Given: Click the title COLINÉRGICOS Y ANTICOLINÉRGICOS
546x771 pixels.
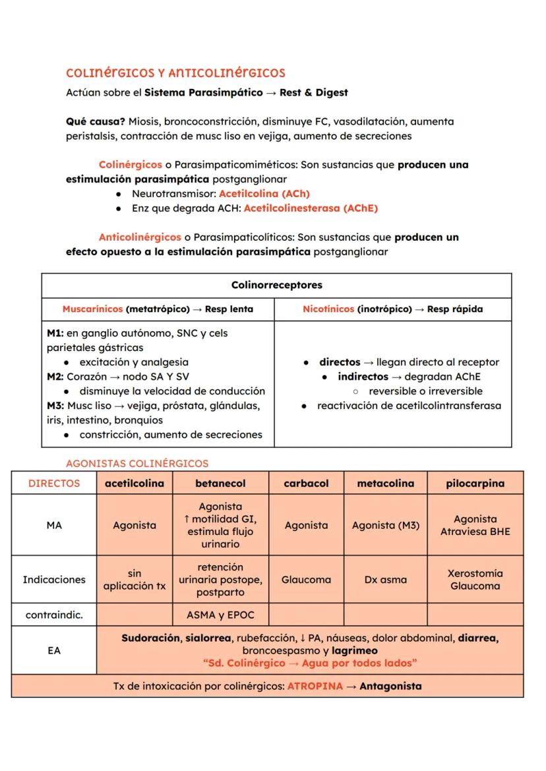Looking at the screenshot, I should (175, 73).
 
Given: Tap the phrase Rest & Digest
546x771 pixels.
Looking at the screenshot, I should (313, 92).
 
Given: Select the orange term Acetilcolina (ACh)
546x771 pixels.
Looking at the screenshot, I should (264, 194).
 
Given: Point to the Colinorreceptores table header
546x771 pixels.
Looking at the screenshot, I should (276, 285).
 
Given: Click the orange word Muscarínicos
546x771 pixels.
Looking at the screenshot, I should (92, 309).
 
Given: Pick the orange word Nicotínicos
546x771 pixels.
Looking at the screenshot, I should (328, 309).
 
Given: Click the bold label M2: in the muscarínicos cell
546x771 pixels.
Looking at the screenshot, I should (56, 377).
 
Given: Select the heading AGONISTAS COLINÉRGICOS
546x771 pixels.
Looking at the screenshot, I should (137, 463).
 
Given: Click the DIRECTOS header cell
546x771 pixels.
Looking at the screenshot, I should (54, 483).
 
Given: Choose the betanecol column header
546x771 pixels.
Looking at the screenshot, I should (220, 483).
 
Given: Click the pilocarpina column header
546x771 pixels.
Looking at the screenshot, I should (475, 483).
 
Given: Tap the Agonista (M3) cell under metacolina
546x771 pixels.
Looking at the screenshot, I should (385, 526).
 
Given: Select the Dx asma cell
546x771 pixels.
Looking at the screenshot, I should (385, 580).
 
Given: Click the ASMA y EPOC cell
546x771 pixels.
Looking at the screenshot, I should (220, 615).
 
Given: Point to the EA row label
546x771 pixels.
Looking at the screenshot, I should (54, 650).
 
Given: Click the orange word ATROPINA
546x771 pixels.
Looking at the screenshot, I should (315, 686).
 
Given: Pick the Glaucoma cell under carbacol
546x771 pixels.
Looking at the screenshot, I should (306, 580).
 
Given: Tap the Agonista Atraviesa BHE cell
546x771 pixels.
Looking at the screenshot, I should (475, 526).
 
